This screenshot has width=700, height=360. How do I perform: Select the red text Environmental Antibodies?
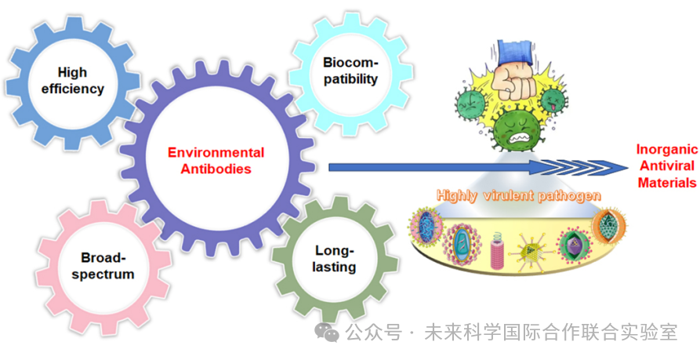216,160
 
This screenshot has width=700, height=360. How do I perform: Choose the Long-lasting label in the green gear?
335,259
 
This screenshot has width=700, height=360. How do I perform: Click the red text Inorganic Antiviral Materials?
666,165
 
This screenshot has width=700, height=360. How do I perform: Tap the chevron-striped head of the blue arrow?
596,166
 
